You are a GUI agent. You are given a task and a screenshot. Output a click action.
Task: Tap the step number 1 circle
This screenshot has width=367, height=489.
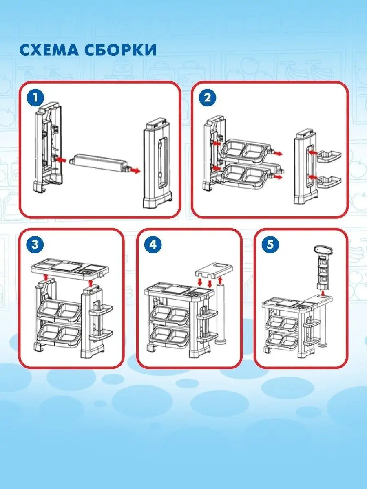[35, 98]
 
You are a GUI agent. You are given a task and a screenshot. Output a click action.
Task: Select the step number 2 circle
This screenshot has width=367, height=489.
[208, 98]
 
